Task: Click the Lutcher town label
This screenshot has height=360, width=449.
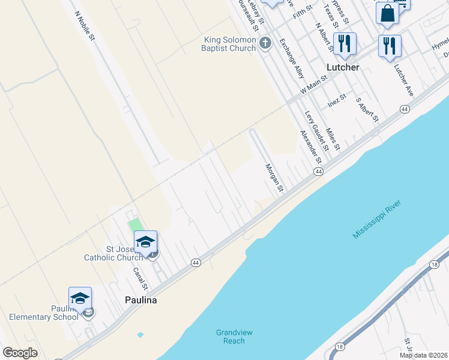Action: pos(343,67)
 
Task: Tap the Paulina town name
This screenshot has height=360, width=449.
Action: pos(140,300)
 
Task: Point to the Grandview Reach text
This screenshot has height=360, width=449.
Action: pos(231,337)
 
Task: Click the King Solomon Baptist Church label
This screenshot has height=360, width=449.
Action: pos(229,44)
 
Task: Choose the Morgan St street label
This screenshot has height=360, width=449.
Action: pos(274,178)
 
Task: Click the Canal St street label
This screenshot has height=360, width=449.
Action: pos(140,279)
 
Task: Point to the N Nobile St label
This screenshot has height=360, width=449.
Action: pos(85,25)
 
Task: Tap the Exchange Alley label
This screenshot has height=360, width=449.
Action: pos(292,59)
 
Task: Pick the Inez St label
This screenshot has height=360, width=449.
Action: pos(337,101)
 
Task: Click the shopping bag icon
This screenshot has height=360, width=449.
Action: pos(387,13)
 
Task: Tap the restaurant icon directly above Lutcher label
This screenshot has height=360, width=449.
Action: pos(344,44)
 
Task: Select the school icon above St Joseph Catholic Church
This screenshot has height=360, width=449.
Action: pos(145,242)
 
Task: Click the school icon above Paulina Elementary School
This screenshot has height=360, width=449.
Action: pos(80,298)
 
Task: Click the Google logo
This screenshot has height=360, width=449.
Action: pos(20,353)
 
